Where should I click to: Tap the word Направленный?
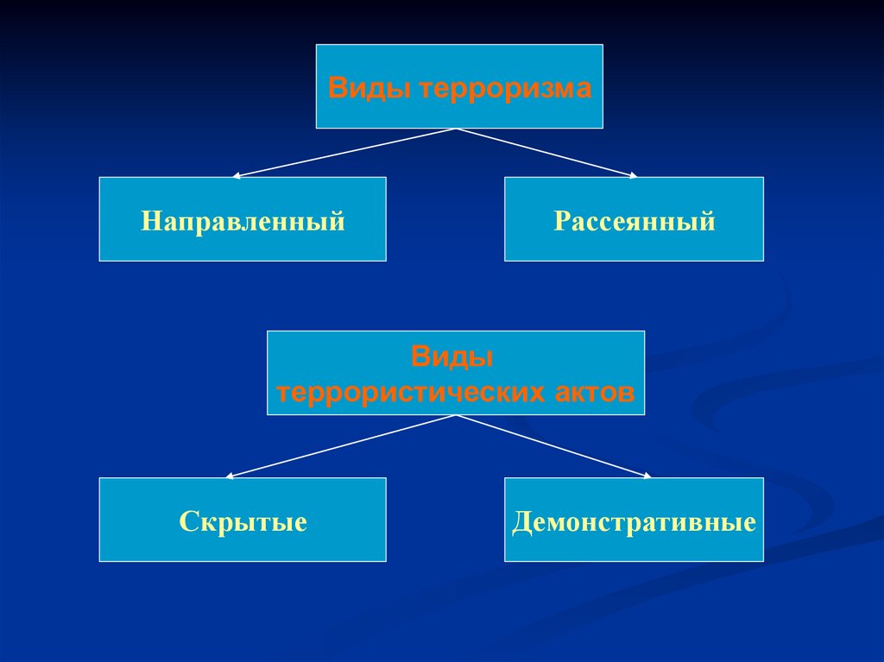pyautogui.click(x=243, y=221)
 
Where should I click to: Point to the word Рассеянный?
pyautogui.click(x=635, y=221)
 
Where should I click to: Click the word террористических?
pyautogui.click(x=409, y=393)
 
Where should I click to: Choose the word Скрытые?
pyautogui.click(x=243, y=521)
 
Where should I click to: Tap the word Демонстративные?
pyautogui.click(x=635, y=521)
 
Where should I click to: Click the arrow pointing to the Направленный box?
pyautogui.click(x=345, y=153)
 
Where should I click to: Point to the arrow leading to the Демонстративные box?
pyautogui.click(x=552, y=445)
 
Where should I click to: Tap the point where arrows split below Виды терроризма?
pyautogui.click(x=456, y=129)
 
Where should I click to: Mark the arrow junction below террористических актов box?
pyautogui.click(x=456, y=416)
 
